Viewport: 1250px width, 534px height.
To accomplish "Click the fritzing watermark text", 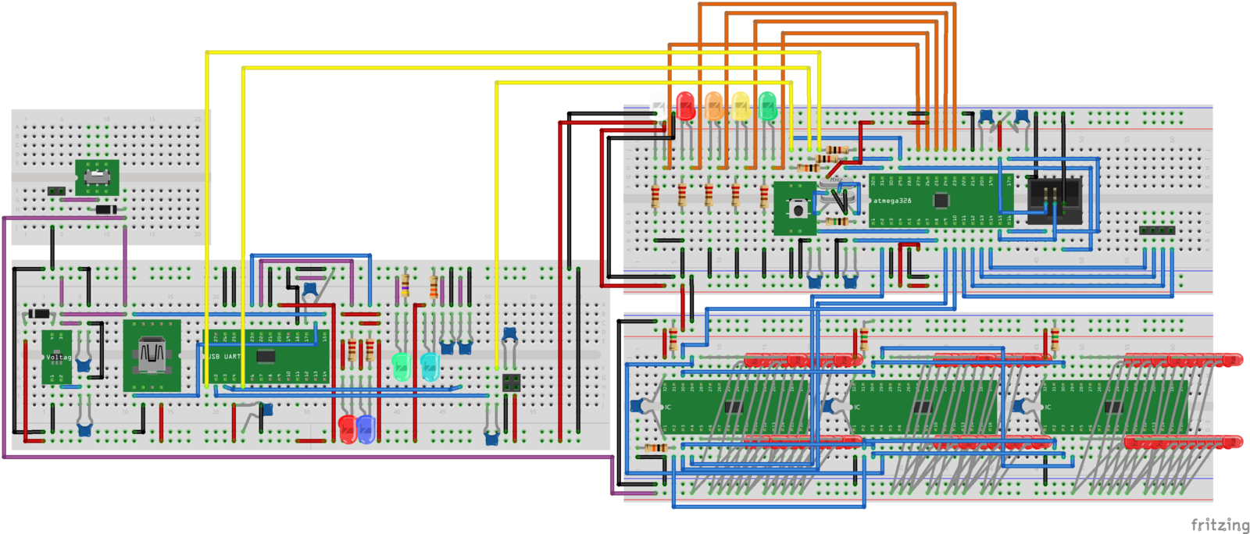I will [x=1220, y=525].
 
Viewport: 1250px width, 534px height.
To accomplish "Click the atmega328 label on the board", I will [x=892, y=201].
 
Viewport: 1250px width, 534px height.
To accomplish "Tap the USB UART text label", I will [x=224, y=357].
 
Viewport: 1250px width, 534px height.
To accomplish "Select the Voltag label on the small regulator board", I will [x=59, y=358].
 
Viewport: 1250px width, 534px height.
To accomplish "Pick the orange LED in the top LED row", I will [x=713, y=106].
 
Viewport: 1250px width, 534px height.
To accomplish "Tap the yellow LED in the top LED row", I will [x=740, y=106].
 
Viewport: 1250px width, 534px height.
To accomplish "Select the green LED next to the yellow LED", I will [x=767, y=106].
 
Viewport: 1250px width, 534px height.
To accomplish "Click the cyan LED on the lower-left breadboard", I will [x=429, y=365].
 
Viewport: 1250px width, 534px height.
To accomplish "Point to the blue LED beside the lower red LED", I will [x=366, y=427].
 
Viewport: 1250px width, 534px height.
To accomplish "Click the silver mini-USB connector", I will [x=152, y=354].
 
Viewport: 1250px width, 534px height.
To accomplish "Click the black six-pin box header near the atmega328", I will [x=1054, y=200].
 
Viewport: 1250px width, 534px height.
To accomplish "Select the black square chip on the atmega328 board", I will [x=941, y=201].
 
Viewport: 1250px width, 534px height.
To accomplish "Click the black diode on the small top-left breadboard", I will [x=105, y=209].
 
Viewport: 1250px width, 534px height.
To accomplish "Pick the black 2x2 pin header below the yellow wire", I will [x=512, y=383].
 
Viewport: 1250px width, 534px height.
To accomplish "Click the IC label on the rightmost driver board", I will [x=1048, y=408].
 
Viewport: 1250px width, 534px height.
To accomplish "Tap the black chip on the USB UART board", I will [x=266, y=357].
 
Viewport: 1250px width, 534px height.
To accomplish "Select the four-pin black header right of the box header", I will [x=1157, y=230].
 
